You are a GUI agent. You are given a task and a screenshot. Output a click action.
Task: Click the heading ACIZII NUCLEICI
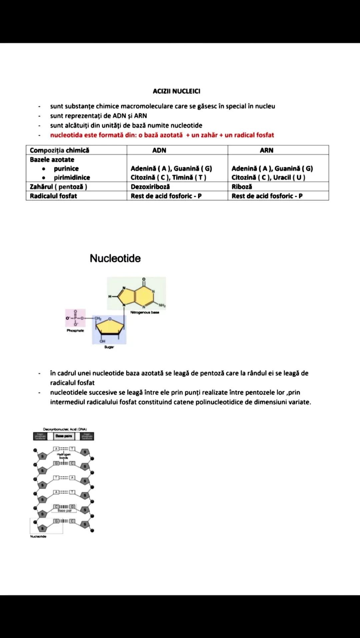[176, 91]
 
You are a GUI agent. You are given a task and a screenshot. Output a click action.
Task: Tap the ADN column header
[159, 150]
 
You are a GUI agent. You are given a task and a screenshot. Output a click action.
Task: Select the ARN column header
[266, 150]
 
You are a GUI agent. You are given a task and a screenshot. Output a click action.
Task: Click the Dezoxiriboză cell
[150, 187]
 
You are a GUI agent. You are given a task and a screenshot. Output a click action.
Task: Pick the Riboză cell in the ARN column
[242, 187]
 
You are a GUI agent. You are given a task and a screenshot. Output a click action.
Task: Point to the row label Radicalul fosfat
[53, 196]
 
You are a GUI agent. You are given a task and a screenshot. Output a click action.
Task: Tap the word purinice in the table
[66, 168]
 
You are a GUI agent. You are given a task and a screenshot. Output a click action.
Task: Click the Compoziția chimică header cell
[59, 150]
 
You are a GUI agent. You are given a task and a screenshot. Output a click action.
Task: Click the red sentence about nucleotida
[162, 135]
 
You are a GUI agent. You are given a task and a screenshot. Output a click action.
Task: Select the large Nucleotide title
[115, 258]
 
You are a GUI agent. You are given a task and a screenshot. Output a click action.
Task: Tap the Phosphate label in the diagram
[75, 331]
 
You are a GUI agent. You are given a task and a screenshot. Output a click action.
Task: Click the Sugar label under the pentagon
[109, 347]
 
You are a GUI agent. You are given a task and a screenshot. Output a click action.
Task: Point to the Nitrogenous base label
[145, 312]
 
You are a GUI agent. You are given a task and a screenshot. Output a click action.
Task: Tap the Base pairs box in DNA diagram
[64, 436]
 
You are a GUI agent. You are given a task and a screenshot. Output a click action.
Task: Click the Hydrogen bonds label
[63, 456]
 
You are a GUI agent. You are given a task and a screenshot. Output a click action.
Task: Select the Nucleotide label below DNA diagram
[38, 536]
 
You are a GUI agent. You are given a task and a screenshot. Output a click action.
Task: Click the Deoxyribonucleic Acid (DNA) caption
[65, 429]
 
